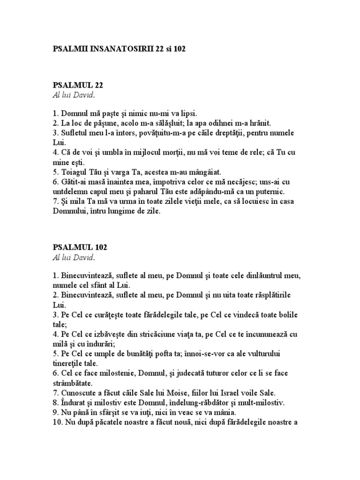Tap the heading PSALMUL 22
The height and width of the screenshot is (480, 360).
click(x=77, y=85)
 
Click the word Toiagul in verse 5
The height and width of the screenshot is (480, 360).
click(x=74, y=172)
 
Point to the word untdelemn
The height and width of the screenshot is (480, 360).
click(x=72, y=192)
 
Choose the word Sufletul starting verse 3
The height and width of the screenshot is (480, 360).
click(x=75, y=133)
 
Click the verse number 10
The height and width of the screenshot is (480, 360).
click(x=56, y=422)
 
